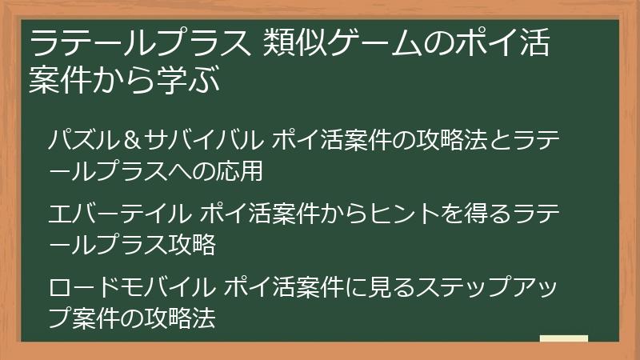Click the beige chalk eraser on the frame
(564, 339)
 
